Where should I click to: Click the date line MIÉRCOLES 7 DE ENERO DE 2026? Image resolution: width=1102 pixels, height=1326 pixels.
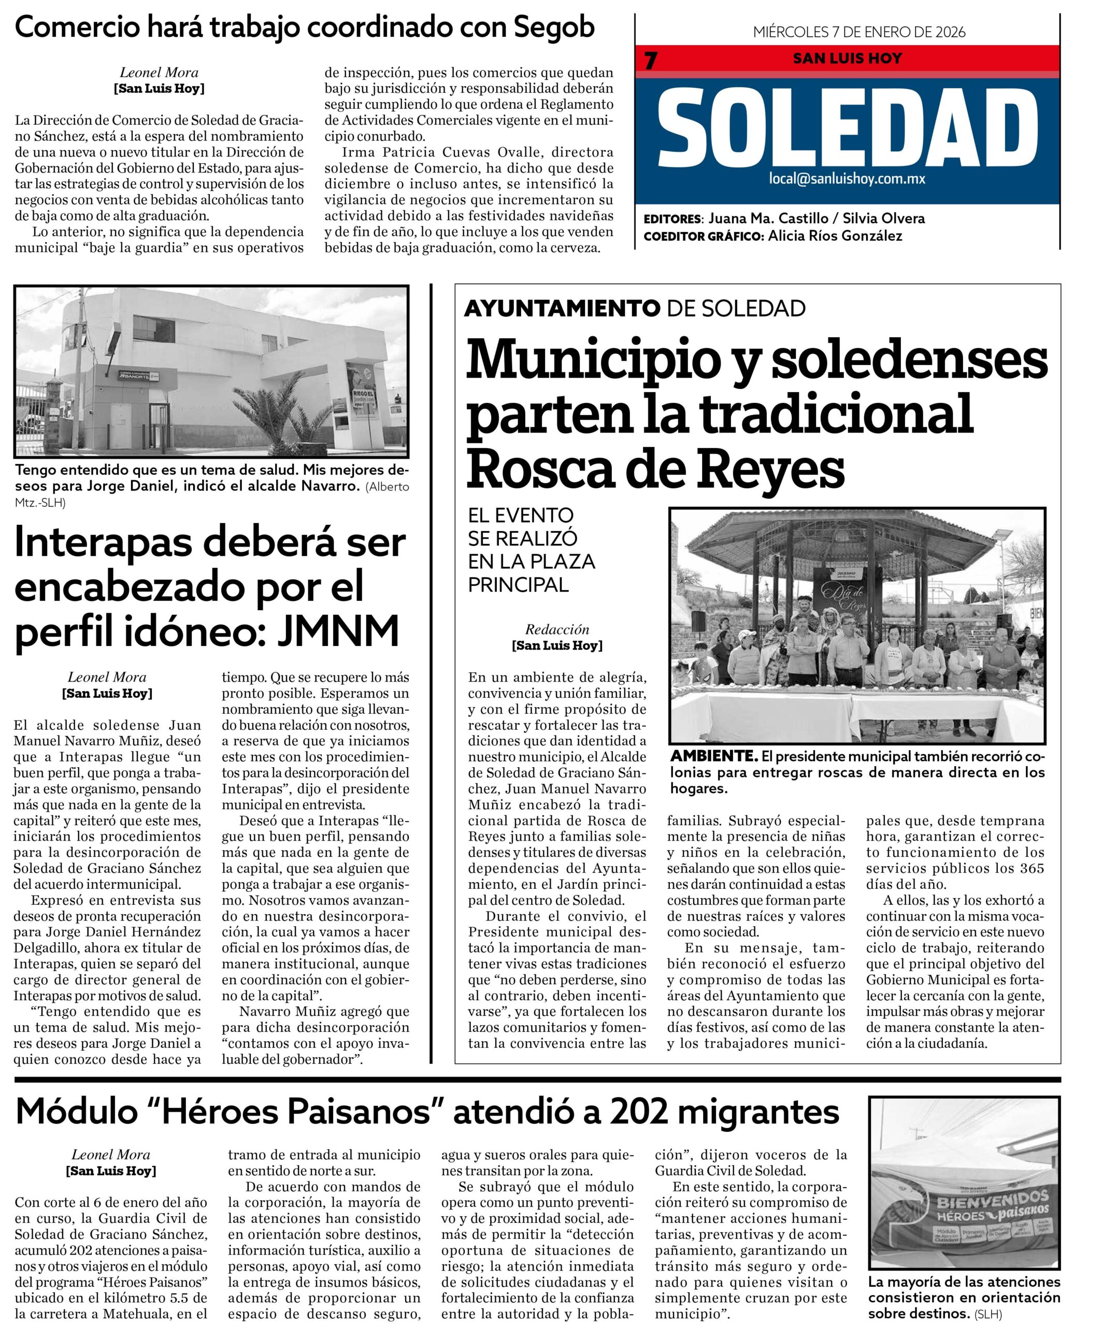point(859,32)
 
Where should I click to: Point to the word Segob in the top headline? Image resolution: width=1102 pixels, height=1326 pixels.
point(554,28)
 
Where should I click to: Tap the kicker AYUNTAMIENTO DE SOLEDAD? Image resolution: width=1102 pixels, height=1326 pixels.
point(634,308)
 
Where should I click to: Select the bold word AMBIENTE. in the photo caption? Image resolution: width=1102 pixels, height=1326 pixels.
point(713,756)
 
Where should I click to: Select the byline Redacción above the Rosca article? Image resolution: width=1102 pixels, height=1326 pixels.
point(556,629)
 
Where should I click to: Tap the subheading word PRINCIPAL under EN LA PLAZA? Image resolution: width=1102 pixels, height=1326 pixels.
point(518,585)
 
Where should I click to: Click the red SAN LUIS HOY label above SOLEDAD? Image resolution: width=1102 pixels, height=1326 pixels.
point(847,59)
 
